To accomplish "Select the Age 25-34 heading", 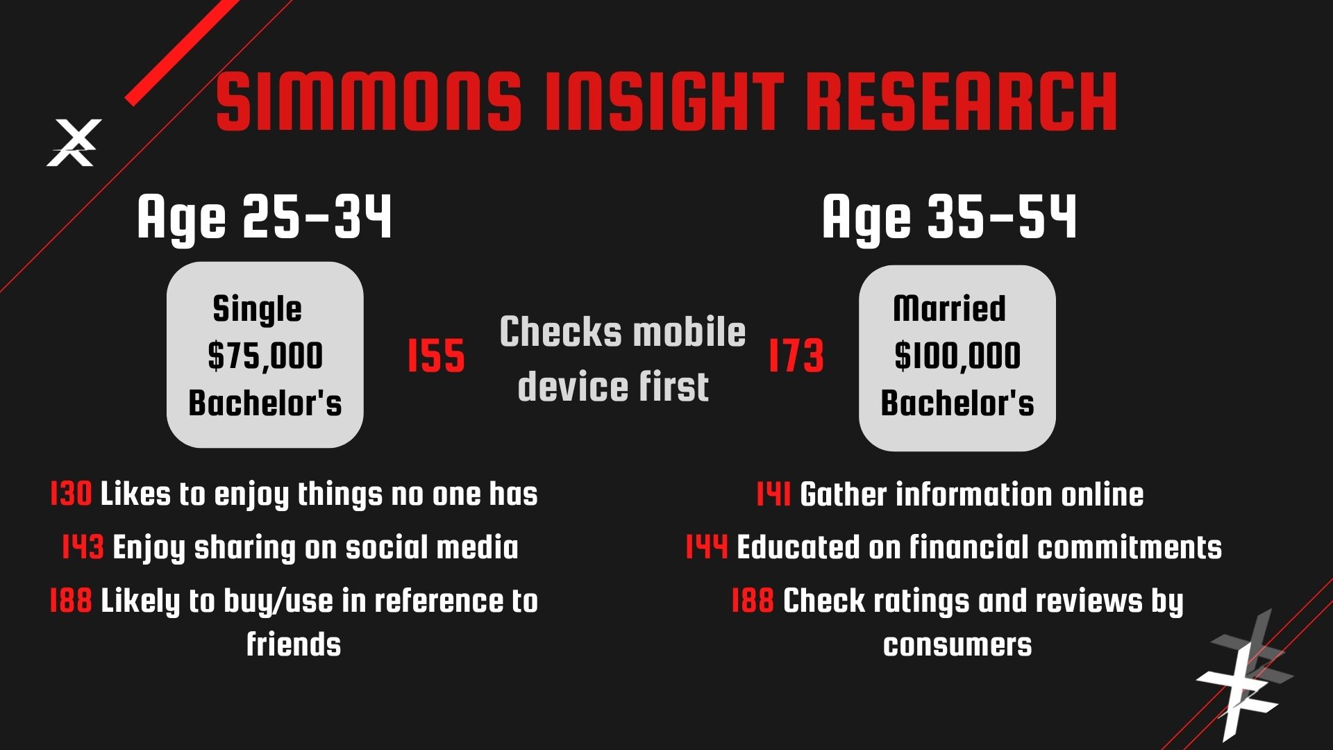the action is (x=265, y=217).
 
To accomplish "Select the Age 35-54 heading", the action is (x=949, y=217).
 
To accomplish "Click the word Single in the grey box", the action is (x=257, y=310).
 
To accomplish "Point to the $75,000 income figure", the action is (x=265, y=356).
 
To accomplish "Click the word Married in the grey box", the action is (x=949, y=308).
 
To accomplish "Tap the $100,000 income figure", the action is (x=957, y=356).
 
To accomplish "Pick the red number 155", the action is (x=436, y=356).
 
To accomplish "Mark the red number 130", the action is (x=71, y=494).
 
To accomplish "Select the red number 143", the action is (x=83, y=547).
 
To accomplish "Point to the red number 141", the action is (x=773, y=494).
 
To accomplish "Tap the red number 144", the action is (x=707, y=547).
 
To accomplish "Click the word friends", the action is (x=294, y=644).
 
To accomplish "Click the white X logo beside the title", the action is (x=74, y=142).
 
